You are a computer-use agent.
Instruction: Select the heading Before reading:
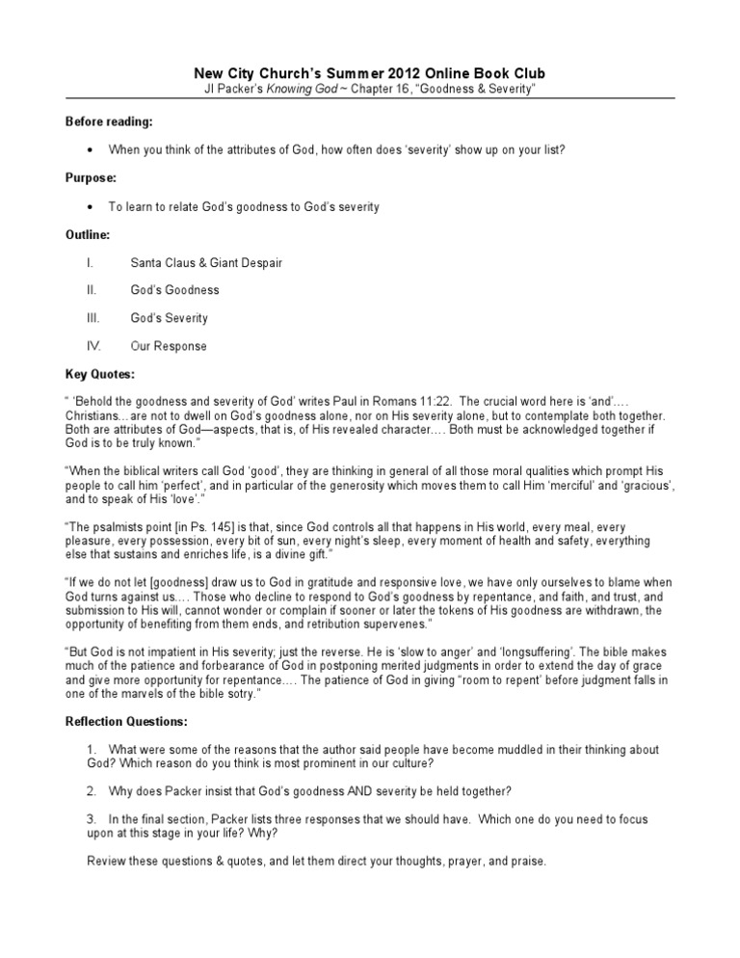point(109,122)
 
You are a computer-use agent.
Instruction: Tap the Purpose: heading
point(92,178)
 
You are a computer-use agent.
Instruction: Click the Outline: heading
point(88,234)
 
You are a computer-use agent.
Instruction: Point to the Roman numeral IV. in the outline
point(93,346)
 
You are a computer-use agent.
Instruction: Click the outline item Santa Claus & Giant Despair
point(207,262)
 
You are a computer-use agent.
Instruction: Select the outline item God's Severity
point(170,318)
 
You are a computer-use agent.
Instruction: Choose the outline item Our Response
point(169,346)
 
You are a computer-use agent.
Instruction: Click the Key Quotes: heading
point(100,373)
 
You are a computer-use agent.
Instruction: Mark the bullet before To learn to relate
point(90,206)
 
